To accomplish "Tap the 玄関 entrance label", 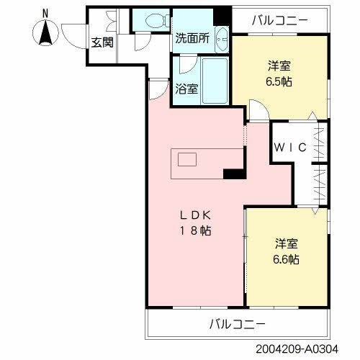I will tap(103, 42).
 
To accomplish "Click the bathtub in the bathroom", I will tap(214, 80).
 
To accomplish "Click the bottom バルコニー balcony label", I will tap(238, 323).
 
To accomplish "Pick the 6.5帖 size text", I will tap(277, 81).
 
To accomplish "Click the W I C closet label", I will tap(291, 147).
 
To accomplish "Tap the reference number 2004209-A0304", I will tap(305, 348).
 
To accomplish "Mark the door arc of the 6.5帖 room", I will tap(257, 110).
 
